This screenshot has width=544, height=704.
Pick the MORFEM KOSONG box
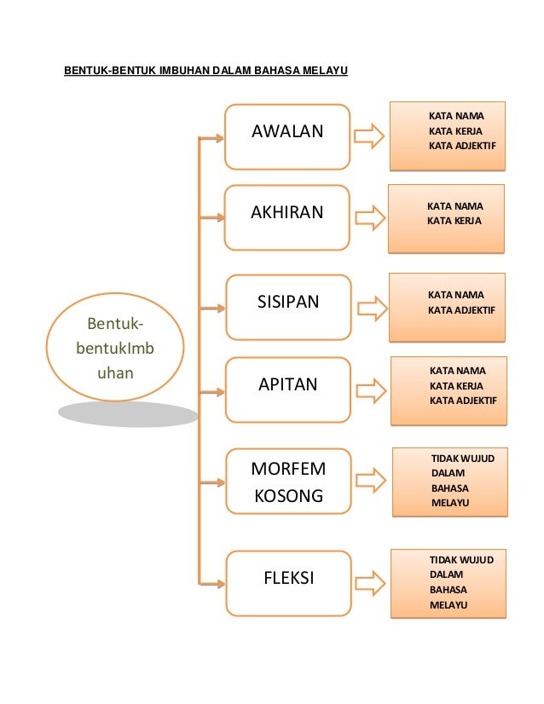(288, 482)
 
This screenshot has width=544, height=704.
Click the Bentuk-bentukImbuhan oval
(115, 349)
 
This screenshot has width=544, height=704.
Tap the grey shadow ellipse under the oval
(128, 414)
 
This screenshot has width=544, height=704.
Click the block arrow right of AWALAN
(369, 136)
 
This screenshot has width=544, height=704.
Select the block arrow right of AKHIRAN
(369, 216)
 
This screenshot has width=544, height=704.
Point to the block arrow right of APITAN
(369, 390)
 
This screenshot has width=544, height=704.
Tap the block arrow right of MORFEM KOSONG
(369, 480)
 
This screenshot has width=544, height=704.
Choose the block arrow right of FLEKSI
(369, 582)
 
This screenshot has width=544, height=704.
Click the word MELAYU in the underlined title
(325, 69)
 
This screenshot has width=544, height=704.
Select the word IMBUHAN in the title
(185, 69)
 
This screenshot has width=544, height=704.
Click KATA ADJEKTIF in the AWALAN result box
(462, 146)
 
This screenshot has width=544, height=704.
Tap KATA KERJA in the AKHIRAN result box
(454, 221)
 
